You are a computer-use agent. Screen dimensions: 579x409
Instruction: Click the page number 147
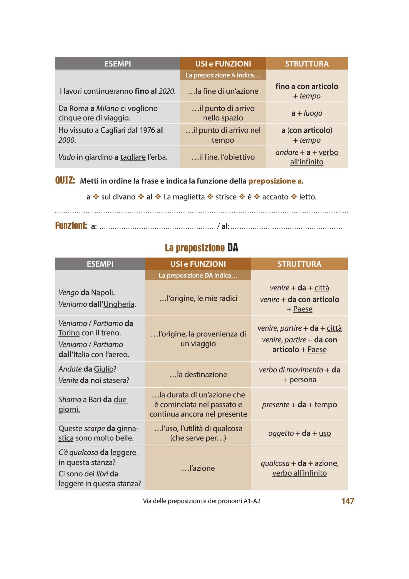tap(348, 501)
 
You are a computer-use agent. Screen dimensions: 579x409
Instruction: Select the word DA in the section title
tap(232, 248)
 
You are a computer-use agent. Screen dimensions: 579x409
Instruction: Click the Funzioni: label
tap(71, 225)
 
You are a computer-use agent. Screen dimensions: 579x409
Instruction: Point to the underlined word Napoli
tap(102, 293)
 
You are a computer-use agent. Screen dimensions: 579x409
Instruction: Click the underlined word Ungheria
tap(119, 304)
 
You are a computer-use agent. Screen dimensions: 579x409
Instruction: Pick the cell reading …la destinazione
tap(198, 374)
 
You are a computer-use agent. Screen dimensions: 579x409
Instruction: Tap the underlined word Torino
tap(69, 333)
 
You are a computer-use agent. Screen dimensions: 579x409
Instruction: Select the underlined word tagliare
tap(133, 157)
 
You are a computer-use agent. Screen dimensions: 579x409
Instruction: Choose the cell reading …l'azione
tap(198, 468)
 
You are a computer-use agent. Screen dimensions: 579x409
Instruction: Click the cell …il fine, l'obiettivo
tap(223, 157)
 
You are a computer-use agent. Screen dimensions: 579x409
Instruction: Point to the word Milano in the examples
tap(107, 108)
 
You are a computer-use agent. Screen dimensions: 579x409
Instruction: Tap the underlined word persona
tap(303, 380)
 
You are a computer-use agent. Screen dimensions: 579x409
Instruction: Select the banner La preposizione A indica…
tap(223, 75)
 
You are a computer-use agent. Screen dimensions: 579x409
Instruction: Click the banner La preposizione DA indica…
tap(198, 275)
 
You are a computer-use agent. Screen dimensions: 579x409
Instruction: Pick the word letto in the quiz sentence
tap(307, 197)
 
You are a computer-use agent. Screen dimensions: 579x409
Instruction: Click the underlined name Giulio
tap(104, 369)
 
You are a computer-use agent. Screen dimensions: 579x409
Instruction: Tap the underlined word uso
tap(325, 433)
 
